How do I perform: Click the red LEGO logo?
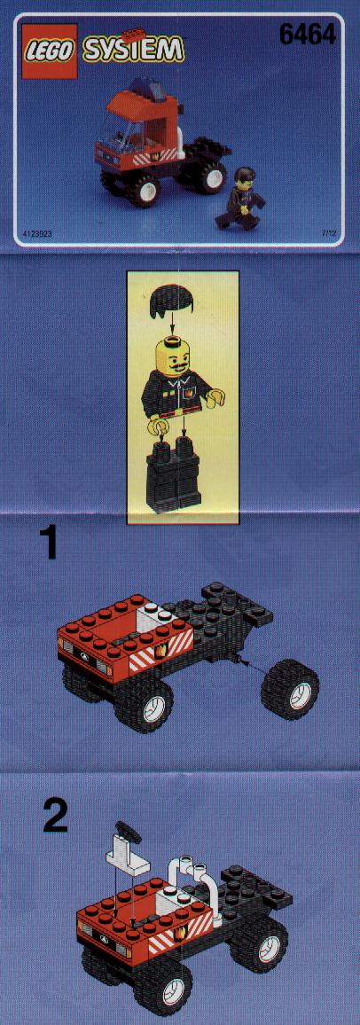pos(49,51)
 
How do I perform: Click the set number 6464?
pos(307,33)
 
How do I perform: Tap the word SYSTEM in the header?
pos(133,50)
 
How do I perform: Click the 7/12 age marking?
pos(331,232)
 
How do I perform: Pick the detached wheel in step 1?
pos(291,688)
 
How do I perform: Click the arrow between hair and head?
pos(173,325)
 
